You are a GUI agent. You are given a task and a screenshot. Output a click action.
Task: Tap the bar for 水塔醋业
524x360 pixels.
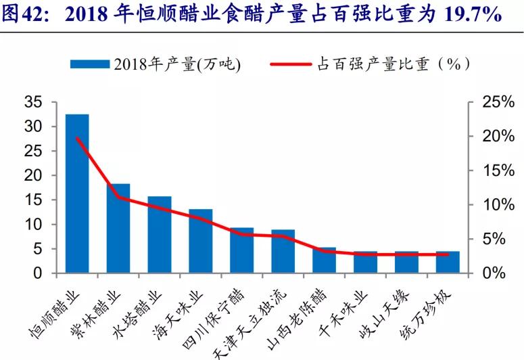[160, 235]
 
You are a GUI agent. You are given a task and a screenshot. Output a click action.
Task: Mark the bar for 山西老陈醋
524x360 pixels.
[324, 261]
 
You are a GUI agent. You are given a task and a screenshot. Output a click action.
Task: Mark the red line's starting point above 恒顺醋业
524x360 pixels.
[78, 138]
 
